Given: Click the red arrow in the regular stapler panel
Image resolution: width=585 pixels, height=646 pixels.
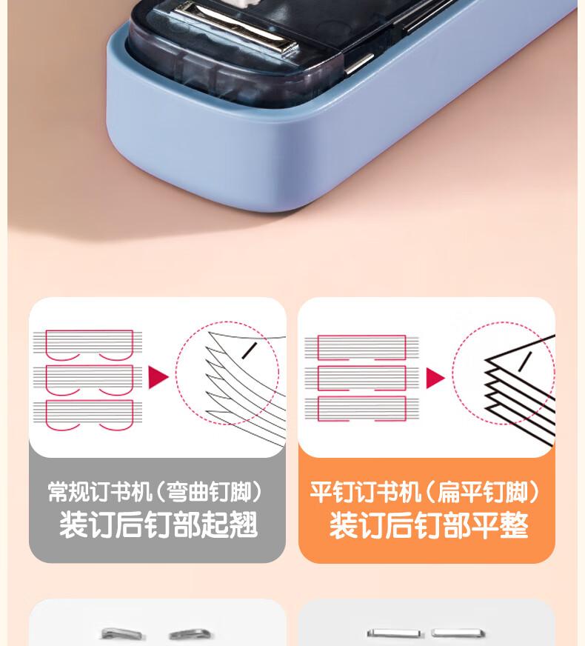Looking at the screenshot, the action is [158, 377].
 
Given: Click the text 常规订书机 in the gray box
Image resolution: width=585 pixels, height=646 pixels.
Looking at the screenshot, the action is [100, 491].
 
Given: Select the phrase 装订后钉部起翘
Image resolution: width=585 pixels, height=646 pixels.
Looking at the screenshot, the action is [158, 525].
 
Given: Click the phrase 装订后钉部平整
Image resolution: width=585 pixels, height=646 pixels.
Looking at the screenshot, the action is [429, 525].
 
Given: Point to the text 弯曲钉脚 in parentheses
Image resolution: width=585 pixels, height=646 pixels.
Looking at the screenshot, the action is [210, 491].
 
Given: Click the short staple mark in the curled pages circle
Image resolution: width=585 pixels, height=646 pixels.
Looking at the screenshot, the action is [250, 350].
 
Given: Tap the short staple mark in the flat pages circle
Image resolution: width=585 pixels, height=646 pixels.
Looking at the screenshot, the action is [525, 362].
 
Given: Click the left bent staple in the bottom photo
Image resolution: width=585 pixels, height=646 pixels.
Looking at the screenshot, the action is [121, 633].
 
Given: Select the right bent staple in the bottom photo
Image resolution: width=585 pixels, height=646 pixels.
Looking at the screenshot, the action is [190, 634].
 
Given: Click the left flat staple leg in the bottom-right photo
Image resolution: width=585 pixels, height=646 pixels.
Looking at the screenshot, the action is [393, 633].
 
